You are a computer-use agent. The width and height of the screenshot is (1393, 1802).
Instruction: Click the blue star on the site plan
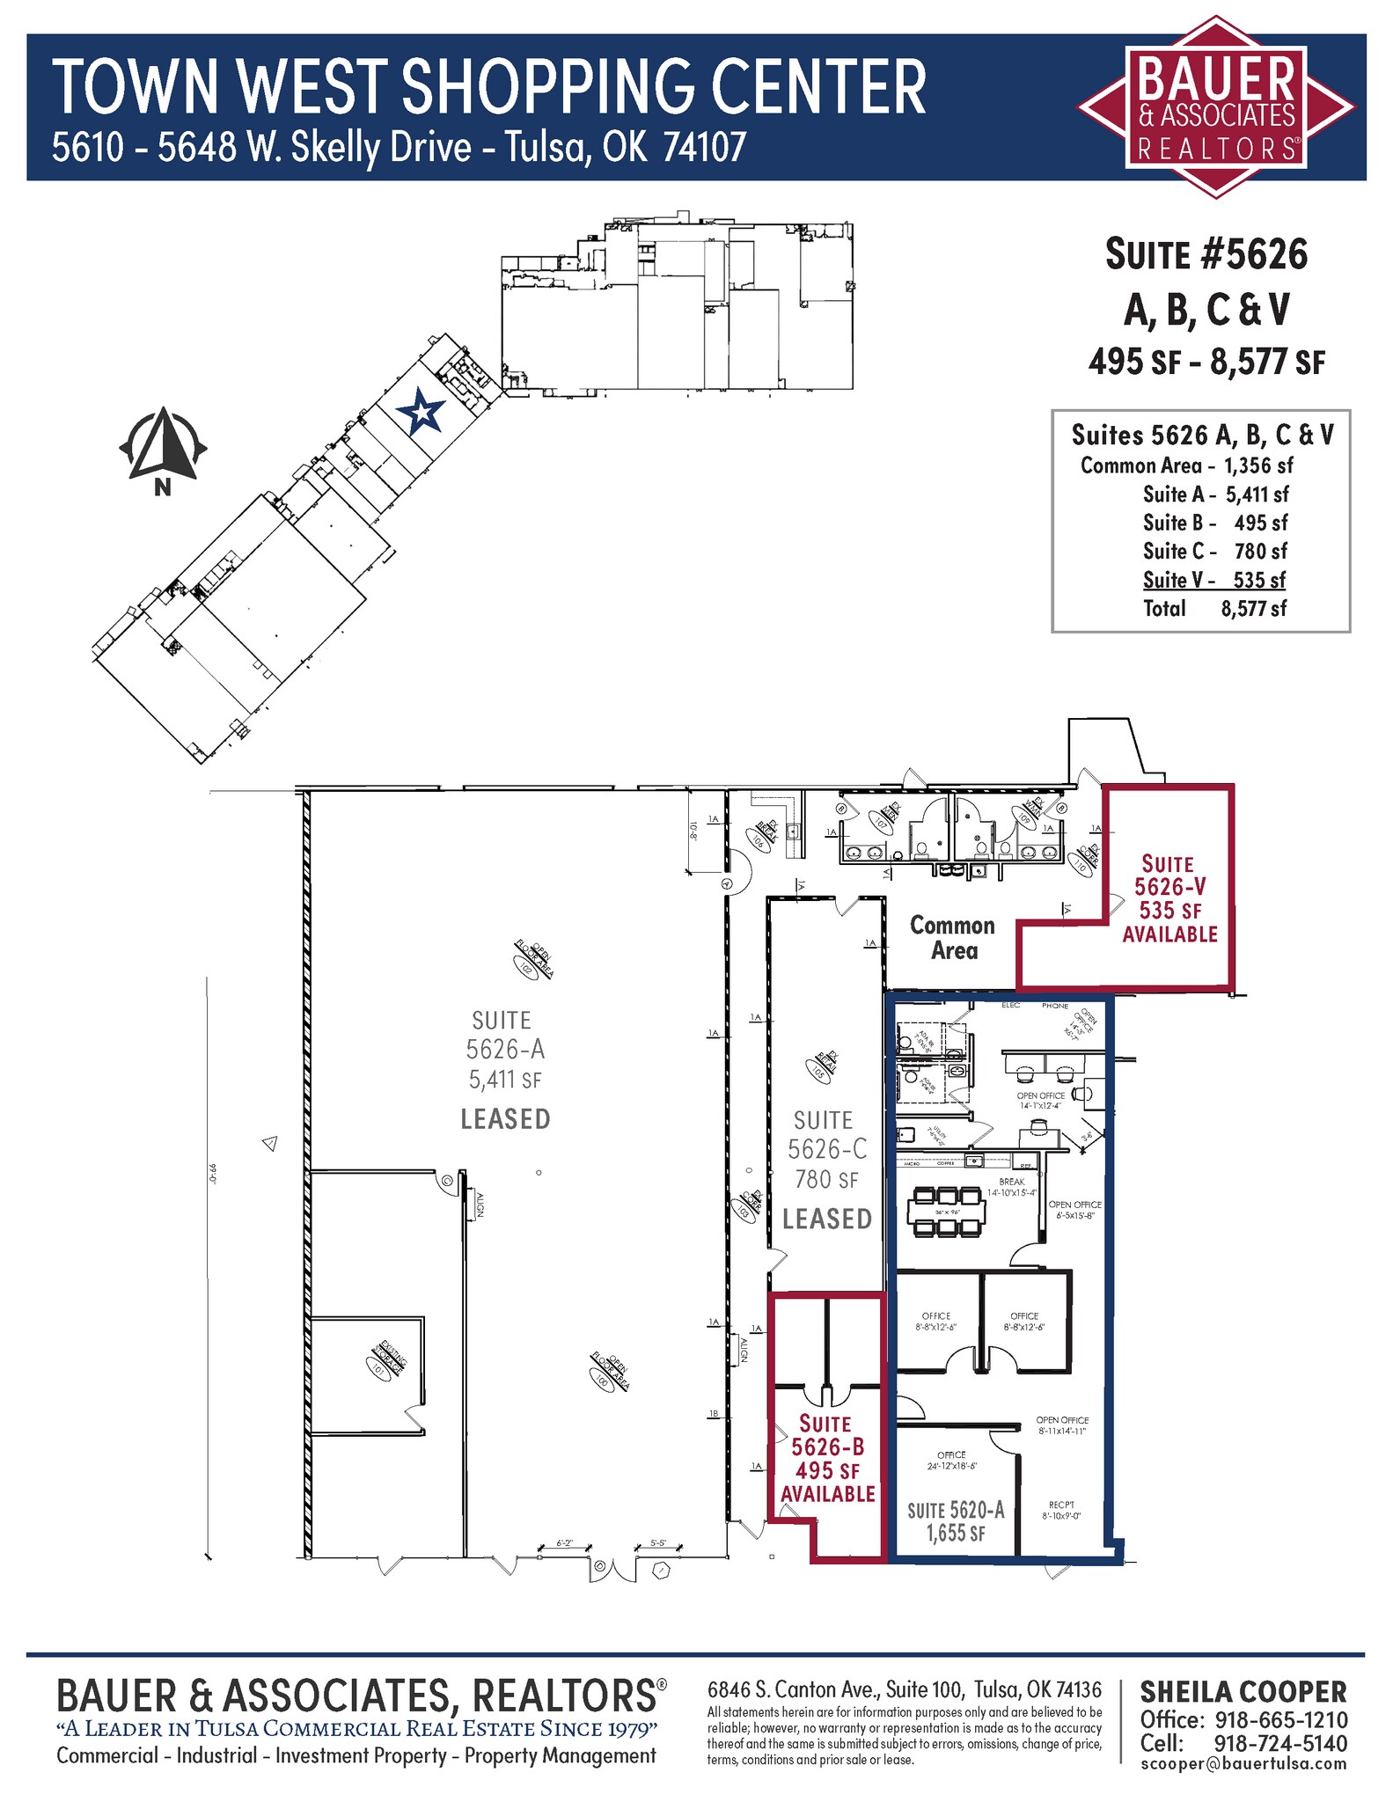pos(420,412)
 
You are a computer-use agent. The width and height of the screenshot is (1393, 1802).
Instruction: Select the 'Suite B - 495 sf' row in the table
pos(1214,523)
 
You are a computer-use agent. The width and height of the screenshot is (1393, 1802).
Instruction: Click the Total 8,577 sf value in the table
pos(1253,608)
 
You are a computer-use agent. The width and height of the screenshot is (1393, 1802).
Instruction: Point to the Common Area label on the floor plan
pos(953,938)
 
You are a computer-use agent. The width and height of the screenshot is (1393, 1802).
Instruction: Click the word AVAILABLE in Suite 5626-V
pos(1169,934)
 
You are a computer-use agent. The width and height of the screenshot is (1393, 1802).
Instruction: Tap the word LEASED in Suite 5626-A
pos(505,1119)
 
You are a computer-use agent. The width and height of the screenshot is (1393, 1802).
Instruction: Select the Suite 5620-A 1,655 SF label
pos(956,1521)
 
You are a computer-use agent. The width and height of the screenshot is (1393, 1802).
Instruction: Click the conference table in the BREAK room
pos(946,1212)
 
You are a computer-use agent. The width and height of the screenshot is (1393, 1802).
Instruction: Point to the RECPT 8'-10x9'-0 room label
pos(1061,1510)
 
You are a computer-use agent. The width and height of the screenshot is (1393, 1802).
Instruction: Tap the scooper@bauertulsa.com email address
pos(1243,1763)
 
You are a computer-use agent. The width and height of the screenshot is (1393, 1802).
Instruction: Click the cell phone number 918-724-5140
pos(1280,1743)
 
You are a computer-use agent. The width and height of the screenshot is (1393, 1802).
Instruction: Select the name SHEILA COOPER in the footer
pos(1243,1692)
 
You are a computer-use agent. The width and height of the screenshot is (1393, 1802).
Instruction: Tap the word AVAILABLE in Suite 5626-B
pos(827,1493)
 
